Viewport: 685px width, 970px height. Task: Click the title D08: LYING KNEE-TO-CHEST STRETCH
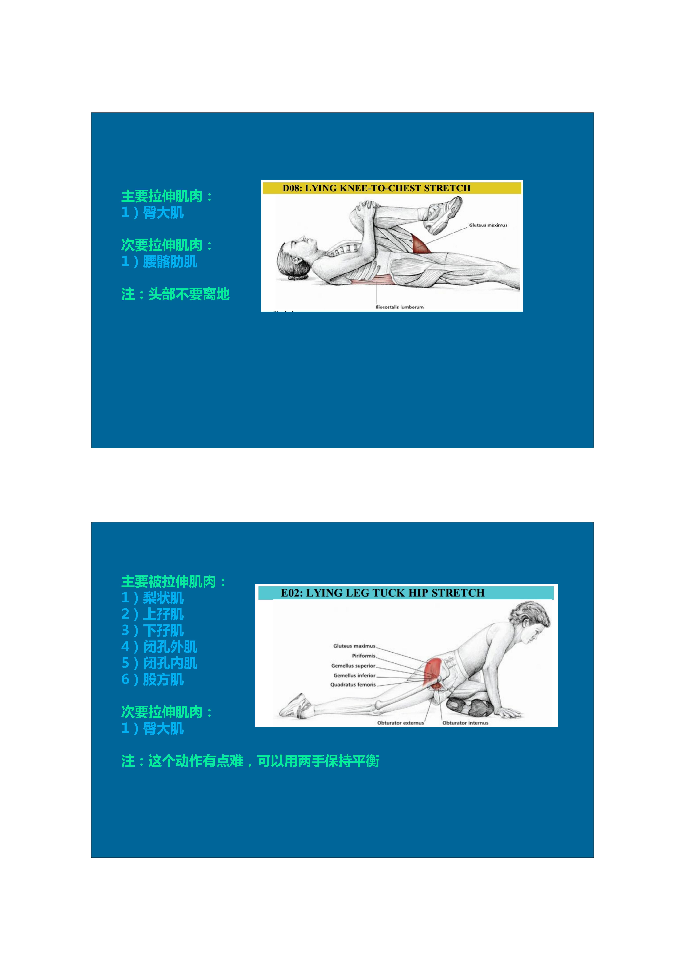coord(376,188)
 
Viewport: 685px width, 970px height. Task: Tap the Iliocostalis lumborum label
coord(399,307)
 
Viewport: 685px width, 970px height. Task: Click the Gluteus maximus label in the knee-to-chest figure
coord(488,225)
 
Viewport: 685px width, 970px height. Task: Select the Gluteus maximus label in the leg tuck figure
coord(354,646)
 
